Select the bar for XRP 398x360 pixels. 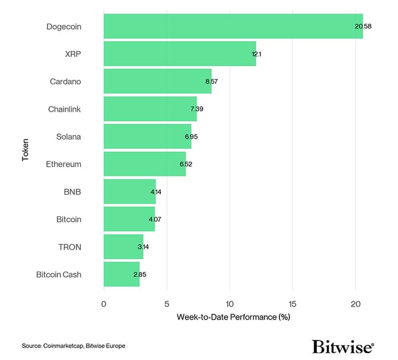click(x=180, y=53)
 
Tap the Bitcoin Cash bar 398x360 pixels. click(x=122, y=274)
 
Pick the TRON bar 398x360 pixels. click(x=123, y=247)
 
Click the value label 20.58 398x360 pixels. click(x=363, y=27)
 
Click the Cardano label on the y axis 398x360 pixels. click(x=65, y=81)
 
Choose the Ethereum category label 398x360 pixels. click(x=63, y=164)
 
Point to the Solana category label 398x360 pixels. click(x=68, y=136)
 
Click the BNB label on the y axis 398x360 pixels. click(x=72, y=192)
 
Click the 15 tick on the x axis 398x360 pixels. click(x=292, y=304)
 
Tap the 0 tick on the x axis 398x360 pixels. click(x=104, y=304)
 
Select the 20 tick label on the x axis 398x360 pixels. click(x=355, y=304)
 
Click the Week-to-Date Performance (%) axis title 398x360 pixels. click(x=233, y=317)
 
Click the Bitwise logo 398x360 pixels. click(x=342, y=346)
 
